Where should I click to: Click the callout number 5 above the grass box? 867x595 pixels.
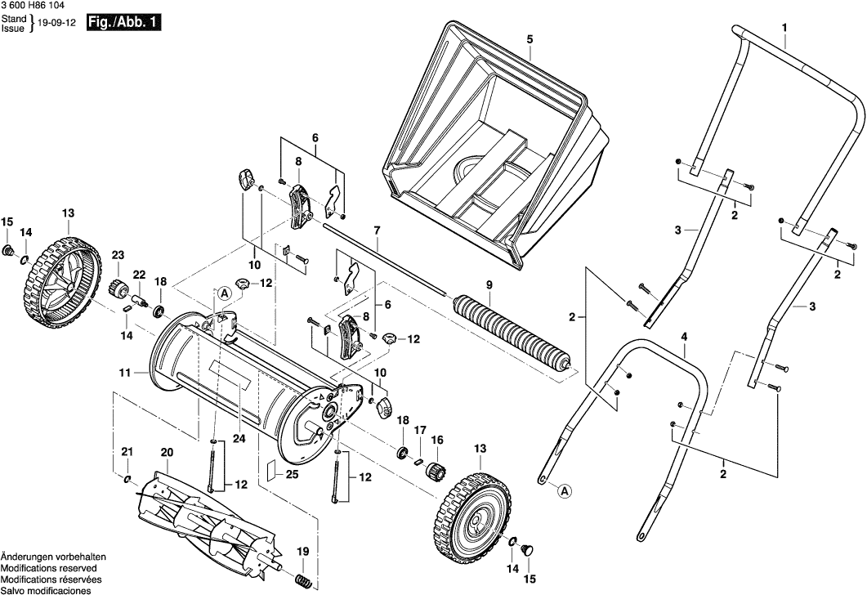pyautogui.click(x=530, y=39)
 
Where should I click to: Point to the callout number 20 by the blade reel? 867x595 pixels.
pyautogui.click(x=167, y=452)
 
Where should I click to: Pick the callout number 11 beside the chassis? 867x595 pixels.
pyautogui.click(x=124, y=373)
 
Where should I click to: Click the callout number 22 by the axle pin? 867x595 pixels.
pyautogui.click(x=139, y=275)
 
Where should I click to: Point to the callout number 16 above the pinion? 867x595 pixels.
pyautogui.click(x=437, y=439)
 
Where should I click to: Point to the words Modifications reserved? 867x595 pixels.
pyautogui.click(x=48, y=567)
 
